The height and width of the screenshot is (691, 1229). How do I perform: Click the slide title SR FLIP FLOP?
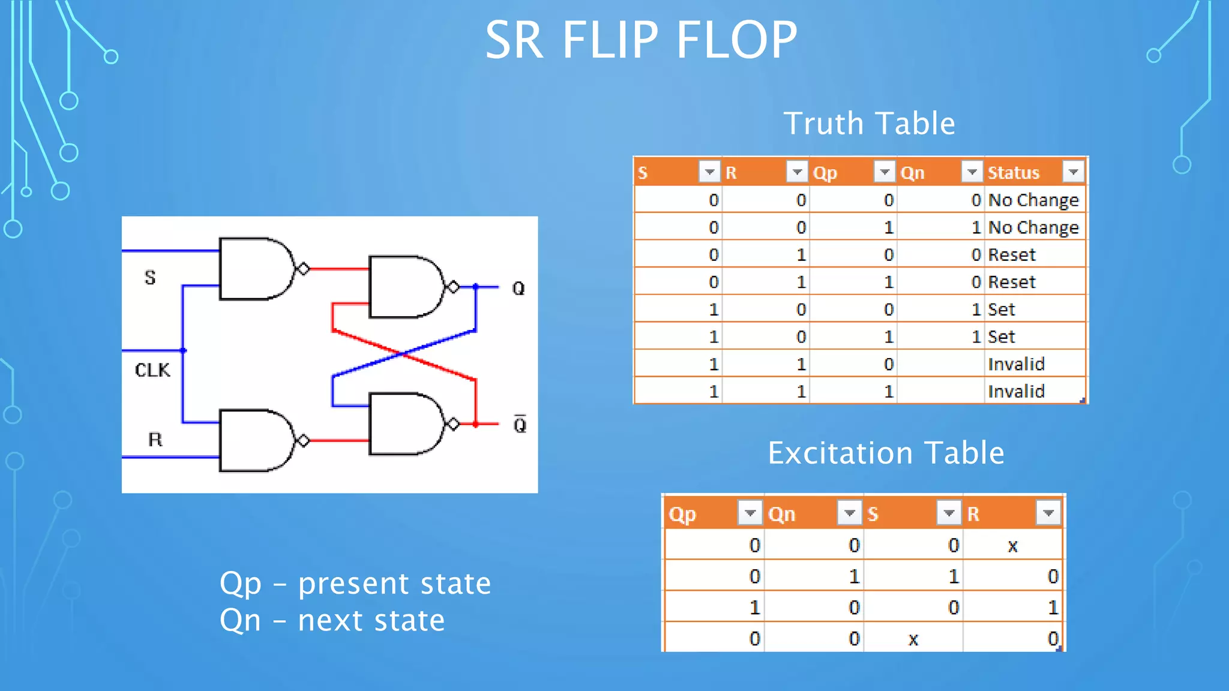point(641,40)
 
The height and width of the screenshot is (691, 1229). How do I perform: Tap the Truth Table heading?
point(869,124)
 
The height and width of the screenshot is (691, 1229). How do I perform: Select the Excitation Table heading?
point(886,453)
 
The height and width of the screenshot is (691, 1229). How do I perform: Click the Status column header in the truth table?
point(1014,173)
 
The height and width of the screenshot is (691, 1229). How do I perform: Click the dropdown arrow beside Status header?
point(1073,172)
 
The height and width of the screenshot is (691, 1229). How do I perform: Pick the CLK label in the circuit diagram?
point(152,370)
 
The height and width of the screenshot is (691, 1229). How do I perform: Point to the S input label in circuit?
point(150,278)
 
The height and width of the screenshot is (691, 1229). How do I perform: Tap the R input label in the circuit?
point(155,440)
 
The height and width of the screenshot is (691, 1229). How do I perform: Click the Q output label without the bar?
point(518,289)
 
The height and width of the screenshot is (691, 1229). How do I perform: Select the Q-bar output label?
point(520,425)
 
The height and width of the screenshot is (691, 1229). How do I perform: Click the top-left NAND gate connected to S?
point(255,269)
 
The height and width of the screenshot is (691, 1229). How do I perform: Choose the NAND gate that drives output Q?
point(405,287)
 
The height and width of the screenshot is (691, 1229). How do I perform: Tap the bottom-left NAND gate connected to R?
point(255,440)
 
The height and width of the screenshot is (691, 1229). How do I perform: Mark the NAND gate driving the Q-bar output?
point(405,423)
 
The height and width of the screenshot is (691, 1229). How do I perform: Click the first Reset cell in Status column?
point(1012,255)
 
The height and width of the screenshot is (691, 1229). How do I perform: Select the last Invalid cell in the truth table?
point(1016,392)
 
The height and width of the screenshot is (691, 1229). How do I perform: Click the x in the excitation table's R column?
point(1012,546)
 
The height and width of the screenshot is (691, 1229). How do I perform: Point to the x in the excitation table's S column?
point(913,639)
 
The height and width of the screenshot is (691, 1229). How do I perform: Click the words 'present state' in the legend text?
point(394,584)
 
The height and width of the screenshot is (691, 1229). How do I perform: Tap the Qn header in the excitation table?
point(781,514)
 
